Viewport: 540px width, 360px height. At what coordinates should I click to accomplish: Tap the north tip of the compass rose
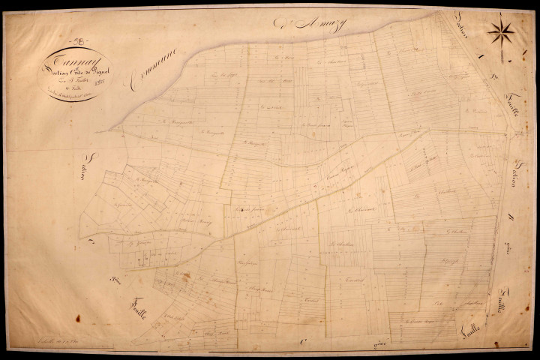(501, 16)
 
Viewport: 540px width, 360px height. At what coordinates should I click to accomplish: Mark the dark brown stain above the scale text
(78, 319)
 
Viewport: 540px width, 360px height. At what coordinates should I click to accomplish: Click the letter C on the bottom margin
(303, 340)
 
